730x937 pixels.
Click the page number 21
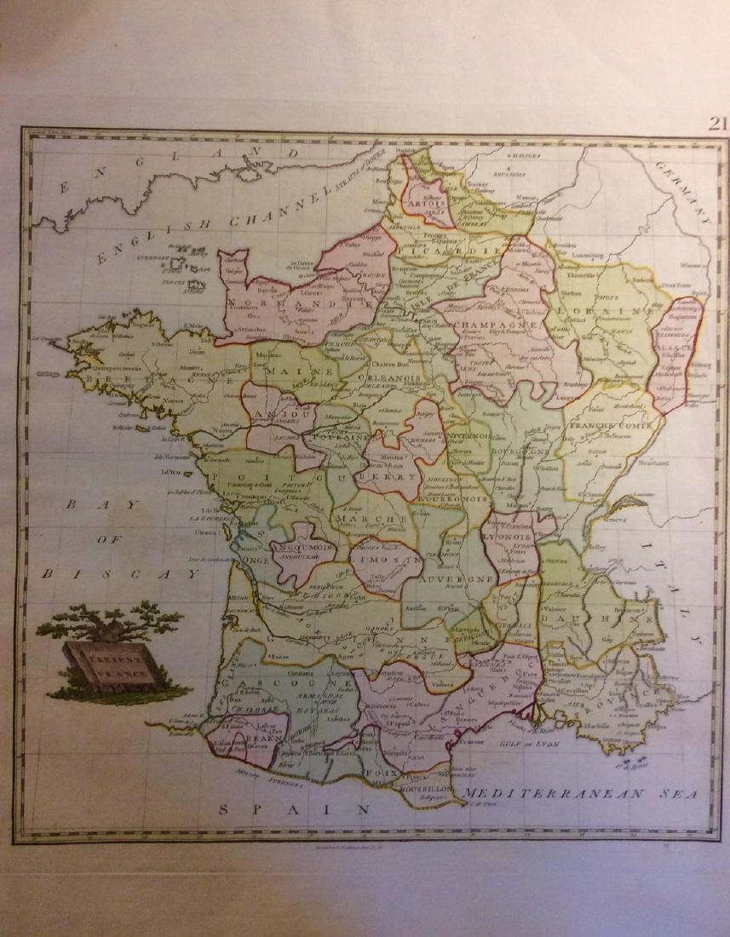(x=717, y=123)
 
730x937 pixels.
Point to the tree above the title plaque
(x=109, y=620)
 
